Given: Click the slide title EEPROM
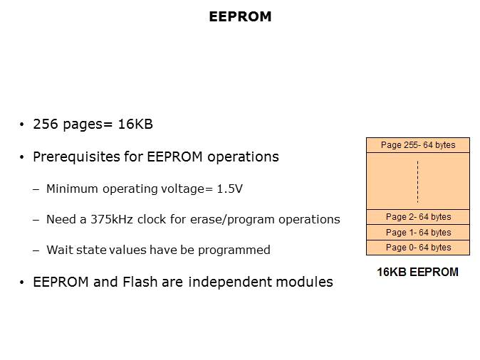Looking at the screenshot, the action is (240, 16).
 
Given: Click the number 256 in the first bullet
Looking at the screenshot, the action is (46, 125).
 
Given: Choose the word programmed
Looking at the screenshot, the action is (234, 250).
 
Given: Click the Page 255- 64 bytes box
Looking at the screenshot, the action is (418, 145).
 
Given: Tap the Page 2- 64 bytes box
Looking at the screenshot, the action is (418, 217).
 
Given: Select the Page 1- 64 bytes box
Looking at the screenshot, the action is (418, 233).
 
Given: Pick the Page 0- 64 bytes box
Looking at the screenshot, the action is (418, 248).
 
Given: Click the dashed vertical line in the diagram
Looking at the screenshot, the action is (417, 181).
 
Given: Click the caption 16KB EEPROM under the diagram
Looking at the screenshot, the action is (417, 272).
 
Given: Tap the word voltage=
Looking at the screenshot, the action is (187, 189).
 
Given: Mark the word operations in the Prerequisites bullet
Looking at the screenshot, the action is (243, 157).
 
